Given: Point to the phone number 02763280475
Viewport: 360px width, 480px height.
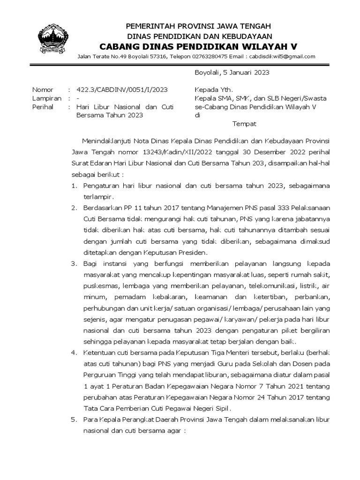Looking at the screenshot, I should pos(208,57).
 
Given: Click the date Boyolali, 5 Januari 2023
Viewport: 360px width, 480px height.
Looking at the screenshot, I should pos(232,73).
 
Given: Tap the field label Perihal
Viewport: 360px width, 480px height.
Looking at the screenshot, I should pos(43,107).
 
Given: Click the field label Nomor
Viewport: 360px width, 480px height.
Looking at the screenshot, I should pos(43,90).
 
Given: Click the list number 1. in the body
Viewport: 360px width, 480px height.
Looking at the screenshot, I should pos(74,186).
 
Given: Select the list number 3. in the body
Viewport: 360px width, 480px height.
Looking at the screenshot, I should pos(74,263).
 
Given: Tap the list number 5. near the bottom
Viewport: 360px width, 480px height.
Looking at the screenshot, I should pos(74,420).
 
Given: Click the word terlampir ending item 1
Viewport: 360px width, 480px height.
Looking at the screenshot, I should pos(97,197).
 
